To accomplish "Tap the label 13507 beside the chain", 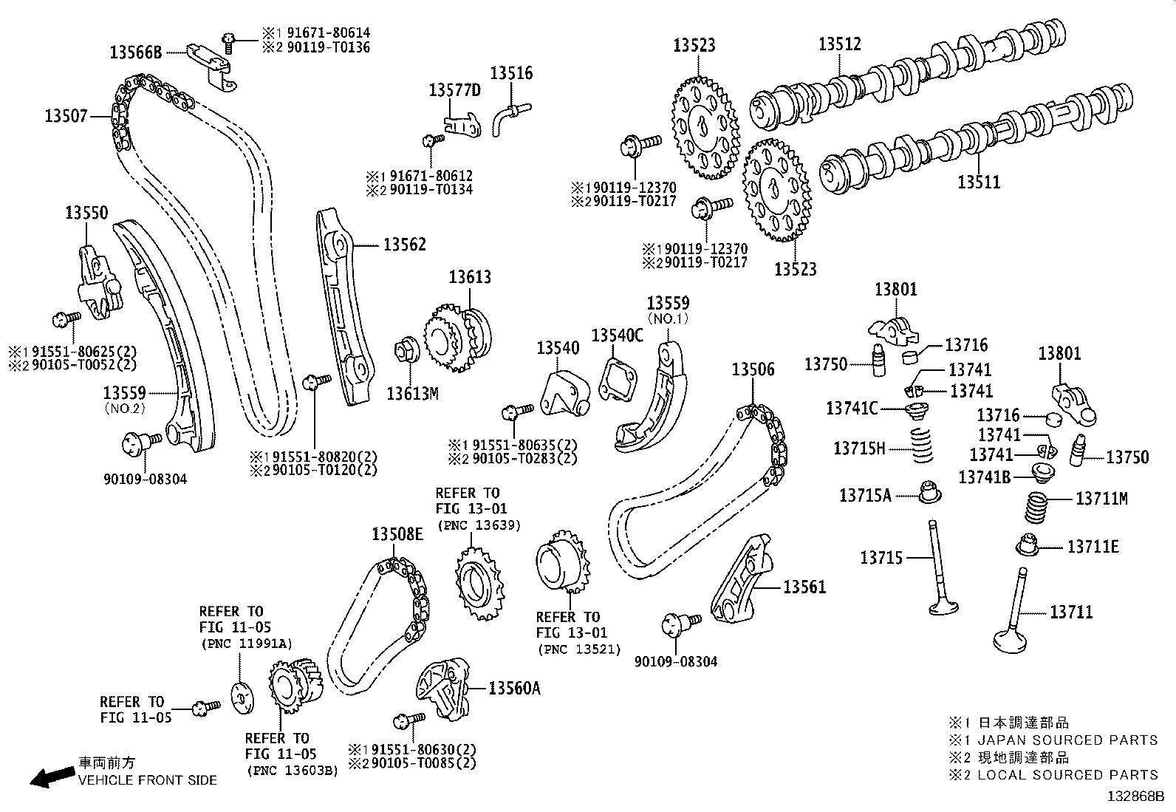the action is click(x=66, y=116).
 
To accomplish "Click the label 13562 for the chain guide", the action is click(x=404, y=245).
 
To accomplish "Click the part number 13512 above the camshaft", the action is click(x=839, y=44).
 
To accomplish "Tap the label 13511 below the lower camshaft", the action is click(x=979, y=182).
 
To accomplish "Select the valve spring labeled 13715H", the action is click(x=921, y=443).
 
